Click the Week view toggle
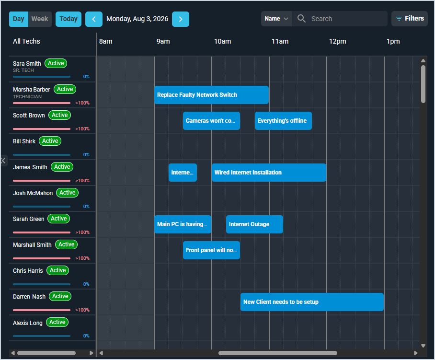pyautogui.click(x=40, y=19)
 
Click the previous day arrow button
pyautogui.click(x=94, y=19)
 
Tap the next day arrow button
pyautogui.click(x=181, y=19)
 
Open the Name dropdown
pyautogui.click(x=276, y=19)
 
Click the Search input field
pyautogui.click(x=340, y=19)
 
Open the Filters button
pyautogui.click(x=410, y=19)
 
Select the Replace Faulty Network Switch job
pyautogui.click(x=211, y=95)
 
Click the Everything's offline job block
pyautogui.click(x=283, y=121)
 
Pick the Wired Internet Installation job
pyautogui.click(x=269, y=173)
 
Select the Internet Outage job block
pyautogui.click(x=254, y=224)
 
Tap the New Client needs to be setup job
pyautogui.click(x=312, y=302)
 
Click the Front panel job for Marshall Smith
pyautogui.click(x=211, y=250)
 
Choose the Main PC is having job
pyautogui.click(x=183, y=224)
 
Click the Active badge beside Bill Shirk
pyautogui.click(x=50, y=141)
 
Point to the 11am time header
pyautogui.click(x=280, y=41)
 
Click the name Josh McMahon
pyautogui.click(x=33, y=193)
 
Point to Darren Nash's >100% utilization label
pyautogui.click(x=82, y=310)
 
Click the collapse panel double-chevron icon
pyautogui.click(x=3, y=161)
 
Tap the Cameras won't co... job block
pyautogui.click(x=211, y=121)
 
